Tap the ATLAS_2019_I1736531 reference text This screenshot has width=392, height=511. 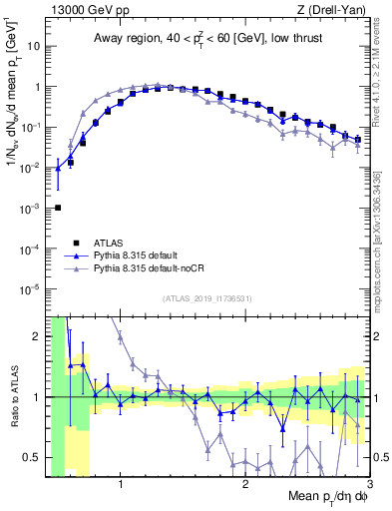point(206,298)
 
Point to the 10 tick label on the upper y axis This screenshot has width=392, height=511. point(35,46)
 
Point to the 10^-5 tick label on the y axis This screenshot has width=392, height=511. point(32,289)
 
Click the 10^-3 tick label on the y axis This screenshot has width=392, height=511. point(32,209)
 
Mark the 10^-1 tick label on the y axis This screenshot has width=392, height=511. point(32,127)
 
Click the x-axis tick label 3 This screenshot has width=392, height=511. point(368,486)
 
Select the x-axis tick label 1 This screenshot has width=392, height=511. point(121,486)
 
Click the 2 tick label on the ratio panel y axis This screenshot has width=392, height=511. point(38,336)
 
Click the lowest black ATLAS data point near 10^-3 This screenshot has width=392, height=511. point(58,208)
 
